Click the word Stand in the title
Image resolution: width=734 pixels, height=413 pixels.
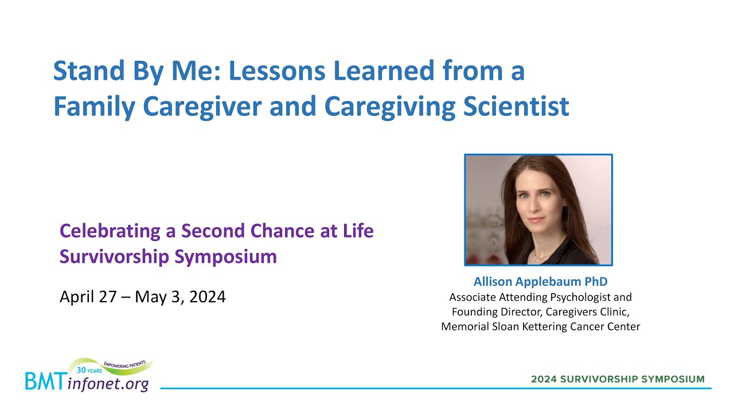click(x=89, y=71)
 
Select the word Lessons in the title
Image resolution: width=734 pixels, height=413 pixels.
click(x=277, y=71)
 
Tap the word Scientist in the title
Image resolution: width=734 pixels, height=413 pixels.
click(x=516, y=106)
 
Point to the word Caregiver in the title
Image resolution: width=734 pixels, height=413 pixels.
click(x=202, y=107)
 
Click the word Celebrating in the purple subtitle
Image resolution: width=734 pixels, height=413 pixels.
click(x=110, y=231)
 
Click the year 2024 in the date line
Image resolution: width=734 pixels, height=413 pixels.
click(x=208, y=297)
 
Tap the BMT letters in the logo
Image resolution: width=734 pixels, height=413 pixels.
click(x=45, y=381)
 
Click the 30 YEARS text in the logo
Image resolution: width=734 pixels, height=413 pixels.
click(x=89, y=371)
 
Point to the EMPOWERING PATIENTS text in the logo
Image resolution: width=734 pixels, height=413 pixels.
click(x=124, y=364)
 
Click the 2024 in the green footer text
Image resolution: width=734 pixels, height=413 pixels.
click(x=544, y=379)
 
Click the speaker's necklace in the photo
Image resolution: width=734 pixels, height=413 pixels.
click(x=544, y=256)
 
